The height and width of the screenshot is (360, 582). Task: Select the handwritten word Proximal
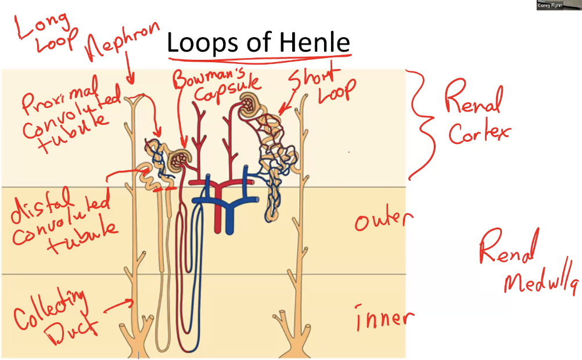pyautogui.click(x=58, y=95)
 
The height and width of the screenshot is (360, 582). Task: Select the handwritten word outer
pyautogui.click(x=383, y=220)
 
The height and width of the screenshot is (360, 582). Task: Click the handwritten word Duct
pyautogui.click(x=73, y=332)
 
